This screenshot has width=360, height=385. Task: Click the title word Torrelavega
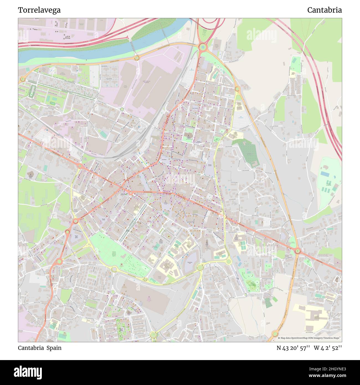pyautogui.click(x=39, y=10)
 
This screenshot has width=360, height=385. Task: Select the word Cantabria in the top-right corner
pyautogui.click(x=324, y=10)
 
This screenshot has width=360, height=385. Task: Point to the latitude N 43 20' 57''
pyautogui.click(x=293, y=348)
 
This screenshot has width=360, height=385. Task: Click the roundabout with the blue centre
pyautogui.click(x=203, y=47)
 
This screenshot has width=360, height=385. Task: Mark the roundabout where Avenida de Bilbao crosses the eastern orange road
pyautogui.click(x=298, y=251)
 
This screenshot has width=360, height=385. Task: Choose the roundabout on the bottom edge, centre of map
pyautogui.click(x=153, y=335)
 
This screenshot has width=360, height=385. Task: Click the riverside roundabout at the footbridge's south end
pyautogui.click(x=137, y=58)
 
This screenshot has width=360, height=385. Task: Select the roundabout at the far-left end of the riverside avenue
pyautogui.click(x=22, y=79)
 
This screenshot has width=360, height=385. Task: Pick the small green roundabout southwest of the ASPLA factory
pyautogui.click(x=122, y=109)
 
